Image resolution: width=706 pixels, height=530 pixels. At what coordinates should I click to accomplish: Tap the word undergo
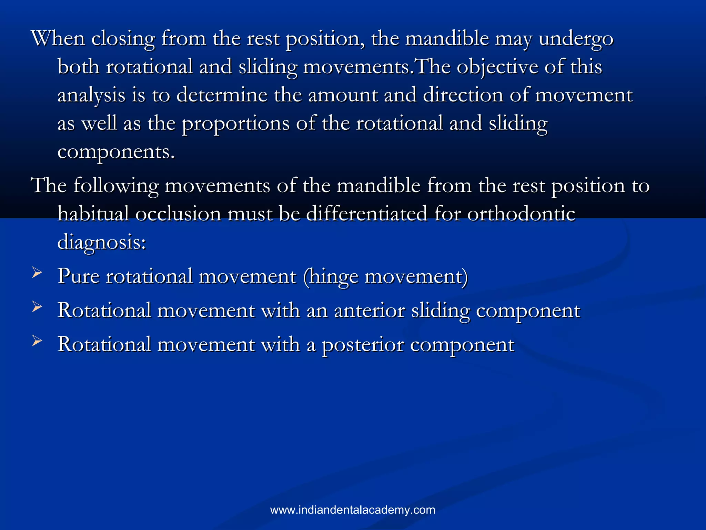576,39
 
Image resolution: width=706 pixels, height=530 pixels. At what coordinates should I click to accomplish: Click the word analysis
91,95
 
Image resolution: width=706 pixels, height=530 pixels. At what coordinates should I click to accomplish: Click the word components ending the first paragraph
116,152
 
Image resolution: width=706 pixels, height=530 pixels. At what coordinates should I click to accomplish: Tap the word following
116,186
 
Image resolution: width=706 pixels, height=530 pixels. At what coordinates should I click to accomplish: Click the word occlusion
178,214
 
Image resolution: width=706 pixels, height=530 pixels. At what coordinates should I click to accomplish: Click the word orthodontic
521,214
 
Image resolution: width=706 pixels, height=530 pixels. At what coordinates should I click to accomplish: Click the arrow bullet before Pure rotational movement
37,273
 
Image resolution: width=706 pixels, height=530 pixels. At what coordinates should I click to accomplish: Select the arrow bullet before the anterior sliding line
37,306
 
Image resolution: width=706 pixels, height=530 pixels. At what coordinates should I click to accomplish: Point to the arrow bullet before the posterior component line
37,341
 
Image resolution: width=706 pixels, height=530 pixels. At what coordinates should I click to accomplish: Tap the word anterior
369,310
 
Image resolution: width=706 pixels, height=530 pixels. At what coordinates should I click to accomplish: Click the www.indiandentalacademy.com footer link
353,510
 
